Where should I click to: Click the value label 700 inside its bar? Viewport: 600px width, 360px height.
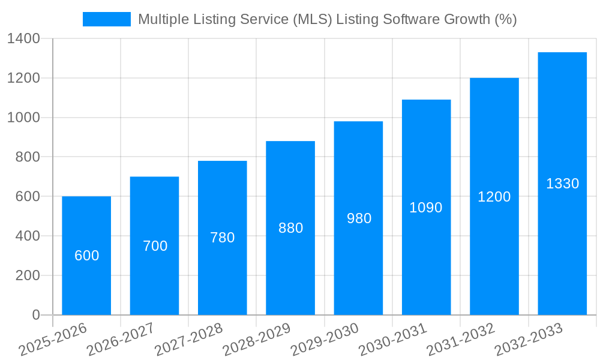[x=155, y=246]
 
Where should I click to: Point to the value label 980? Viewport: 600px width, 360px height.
[x=359, y=218]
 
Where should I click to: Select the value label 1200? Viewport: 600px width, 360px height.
[x=494, y=197]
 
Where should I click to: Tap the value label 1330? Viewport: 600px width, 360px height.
[x=562, y=184]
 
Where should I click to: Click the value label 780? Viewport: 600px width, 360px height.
[x=222, y=238]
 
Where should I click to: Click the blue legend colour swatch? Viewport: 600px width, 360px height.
[x=107, y=19]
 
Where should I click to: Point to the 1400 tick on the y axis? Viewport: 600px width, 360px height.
[x=23, y=39]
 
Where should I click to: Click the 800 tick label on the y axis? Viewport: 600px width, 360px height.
[x=27, y=157]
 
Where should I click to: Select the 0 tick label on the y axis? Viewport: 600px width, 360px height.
[x=35, y=315]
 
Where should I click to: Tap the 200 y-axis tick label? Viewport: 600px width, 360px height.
[x=27, y=275]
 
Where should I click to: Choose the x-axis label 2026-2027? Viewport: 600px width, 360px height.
[x=120, y=340]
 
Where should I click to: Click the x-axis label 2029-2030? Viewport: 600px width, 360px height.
[x=324, y=340]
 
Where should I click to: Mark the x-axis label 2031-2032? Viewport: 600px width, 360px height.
[x=460, y=340]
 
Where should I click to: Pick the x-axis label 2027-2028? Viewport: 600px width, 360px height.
[x=188, y=340]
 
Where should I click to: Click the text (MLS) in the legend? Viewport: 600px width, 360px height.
[x=312, y=19]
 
